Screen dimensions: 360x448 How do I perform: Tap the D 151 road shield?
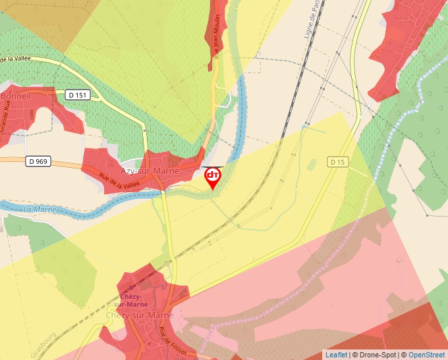click(78, 95)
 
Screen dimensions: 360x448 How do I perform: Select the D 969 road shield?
click(39, 161)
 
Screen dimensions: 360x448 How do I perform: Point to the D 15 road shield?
click(337, 161)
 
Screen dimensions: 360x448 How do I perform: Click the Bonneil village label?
click(16, 96)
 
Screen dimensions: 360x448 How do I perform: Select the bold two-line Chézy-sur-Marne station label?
click(128, 300)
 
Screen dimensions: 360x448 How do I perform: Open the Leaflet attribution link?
click(336, 355)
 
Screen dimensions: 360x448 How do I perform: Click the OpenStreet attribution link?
click(426, 355)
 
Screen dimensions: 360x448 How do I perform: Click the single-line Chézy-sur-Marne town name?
click(140, 315)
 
